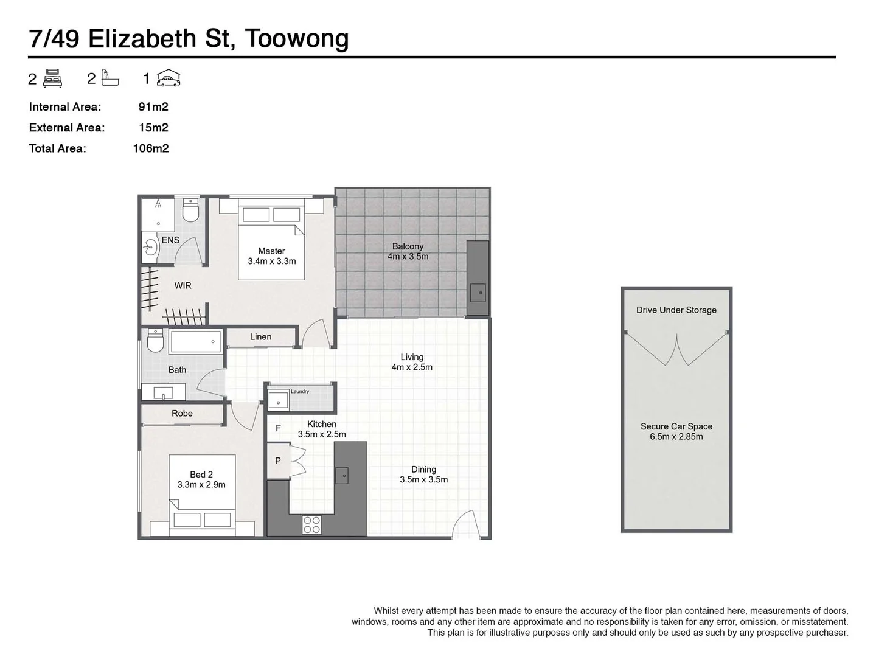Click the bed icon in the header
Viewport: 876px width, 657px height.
(x=53, y=78)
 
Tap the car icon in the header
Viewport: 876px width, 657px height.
(x=169, y=78)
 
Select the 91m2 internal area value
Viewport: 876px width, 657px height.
(x=153, y=107)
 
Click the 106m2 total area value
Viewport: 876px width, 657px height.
(x=151, y=148)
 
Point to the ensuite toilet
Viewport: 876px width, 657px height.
(x=191, y=210)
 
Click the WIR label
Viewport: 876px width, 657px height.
(x=182, y=285)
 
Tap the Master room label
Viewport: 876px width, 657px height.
(x=271, y=255)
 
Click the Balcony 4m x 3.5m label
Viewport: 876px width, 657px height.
(x=408, y=251)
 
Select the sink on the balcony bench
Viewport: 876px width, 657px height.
(x=479, y=293)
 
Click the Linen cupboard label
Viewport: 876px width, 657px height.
(x=260, y=336)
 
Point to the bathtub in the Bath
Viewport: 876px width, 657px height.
(x=196, y=342)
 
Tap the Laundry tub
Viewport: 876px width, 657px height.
(x=279, y=401)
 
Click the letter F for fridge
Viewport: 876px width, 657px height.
(x=278, y=428)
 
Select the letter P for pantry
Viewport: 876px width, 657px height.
(x=278, y=461)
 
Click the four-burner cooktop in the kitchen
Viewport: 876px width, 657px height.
(x=311, y=525)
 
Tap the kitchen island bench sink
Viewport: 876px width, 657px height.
(x=342, y=475)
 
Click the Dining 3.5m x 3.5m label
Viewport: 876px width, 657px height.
(x=423, y=474)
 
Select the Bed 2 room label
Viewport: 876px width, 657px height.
(x=201, y=479)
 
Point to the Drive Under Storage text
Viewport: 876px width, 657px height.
(x=676, y=310)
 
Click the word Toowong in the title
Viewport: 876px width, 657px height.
(x=297, y=39)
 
